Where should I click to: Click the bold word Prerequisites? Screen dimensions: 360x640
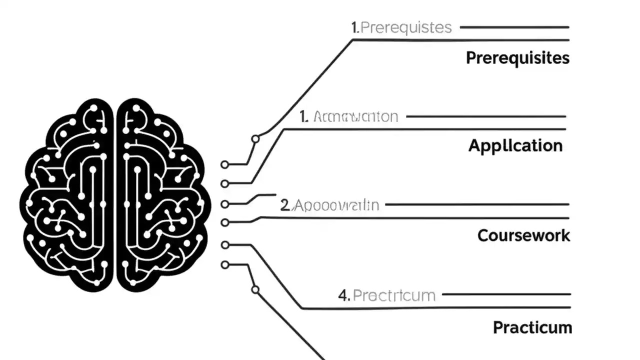pyautogui.click(x=517, y=58)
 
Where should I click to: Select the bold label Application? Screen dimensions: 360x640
pyautogui.click(x=515, y=146)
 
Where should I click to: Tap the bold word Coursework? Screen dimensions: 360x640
pyautogui.click(x=523, y=235)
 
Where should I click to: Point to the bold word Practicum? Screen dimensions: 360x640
pyautogui.click(x=532, y=328)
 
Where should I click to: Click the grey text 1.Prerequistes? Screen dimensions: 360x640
pyautogui.click(x=401, y=27)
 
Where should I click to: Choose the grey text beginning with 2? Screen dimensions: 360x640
pyautogui.click(x=329, y=205)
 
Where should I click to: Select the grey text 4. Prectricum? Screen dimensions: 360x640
pyautogui.click(x=386, y=295)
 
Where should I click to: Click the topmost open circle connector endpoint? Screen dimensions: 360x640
pyautogui.click(x=224, y=164)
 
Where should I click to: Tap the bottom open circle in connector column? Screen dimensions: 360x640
pyautogui.click(x=224, y=265)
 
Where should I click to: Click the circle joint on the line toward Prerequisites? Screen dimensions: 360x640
pyautogui.click(x=255, y=139)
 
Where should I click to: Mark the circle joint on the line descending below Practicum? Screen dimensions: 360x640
pyautogui.click(x=255, y=289)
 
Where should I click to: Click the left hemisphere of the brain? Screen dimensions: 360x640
pyautogui.click(x=67, y=195)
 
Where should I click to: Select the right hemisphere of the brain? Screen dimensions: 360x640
pyautogui.click(x=160, y=195)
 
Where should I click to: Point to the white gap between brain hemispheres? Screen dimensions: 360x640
pyautogui.click(x=114, y=195)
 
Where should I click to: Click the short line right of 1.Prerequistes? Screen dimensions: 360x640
pyautogui.click(x=514, y=27)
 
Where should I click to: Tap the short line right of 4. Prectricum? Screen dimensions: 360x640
pyautogui.click(x=506, y=294)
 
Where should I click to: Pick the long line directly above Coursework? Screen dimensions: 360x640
pyautogui.click(x=415, y=218)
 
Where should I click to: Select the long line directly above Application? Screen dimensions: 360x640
pyautogui.click(x=425, y=129)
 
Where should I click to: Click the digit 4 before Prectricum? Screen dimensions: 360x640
pyautogui.click(x=342, y=295)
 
